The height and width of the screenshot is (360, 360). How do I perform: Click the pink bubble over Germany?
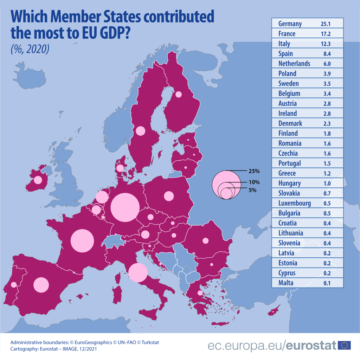[125, 207]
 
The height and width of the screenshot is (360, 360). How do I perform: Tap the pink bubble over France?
[82, 241]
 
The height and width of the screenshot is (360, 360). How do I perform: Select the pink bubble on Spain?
[41, 285]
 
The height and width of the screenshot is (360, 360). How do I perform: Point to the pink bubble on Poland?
[169, 196]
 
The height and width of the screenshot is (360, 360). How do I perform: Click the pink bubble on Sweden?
[140, 131]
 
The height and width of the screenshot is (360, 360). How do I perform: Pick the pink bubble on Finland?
[179, 94]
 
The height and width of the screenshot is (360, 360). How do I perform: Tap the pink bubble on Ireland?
[37, 180]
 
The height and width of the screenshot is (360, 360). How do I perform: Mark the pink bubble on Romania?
[205, 241]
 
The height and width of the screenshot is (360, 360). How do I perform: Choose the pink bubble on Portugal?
[14, 284]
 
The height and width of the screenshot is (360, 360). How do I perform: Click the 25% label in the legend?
[253, 171]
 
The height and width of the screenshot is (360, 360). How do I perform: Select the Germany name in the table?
[290, 24]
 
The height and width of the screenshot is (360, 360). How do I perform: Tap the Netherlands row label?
[294, 64]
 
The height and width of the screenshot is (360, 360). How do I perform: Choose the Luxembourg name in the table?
[295, 203]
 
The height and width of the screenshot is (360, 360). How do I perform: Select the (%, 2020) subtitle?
[30, 49]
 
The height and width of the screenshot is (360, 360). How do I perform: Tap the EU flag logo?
[344, 345]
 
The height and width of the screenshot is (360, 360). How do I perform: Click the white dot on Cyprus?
[273, 312]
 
